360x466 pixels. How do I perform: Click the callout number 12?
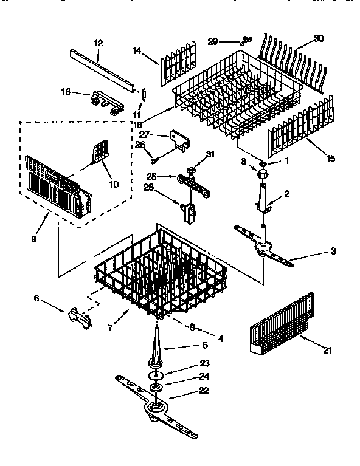(x=99, y=43)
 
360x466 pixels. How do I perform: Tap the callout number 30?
(x=319, y=38)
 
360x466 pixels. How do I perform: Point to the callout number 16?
(x=66, y=91)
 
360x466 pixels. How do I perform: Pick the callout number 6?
(x=36, y=298)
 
